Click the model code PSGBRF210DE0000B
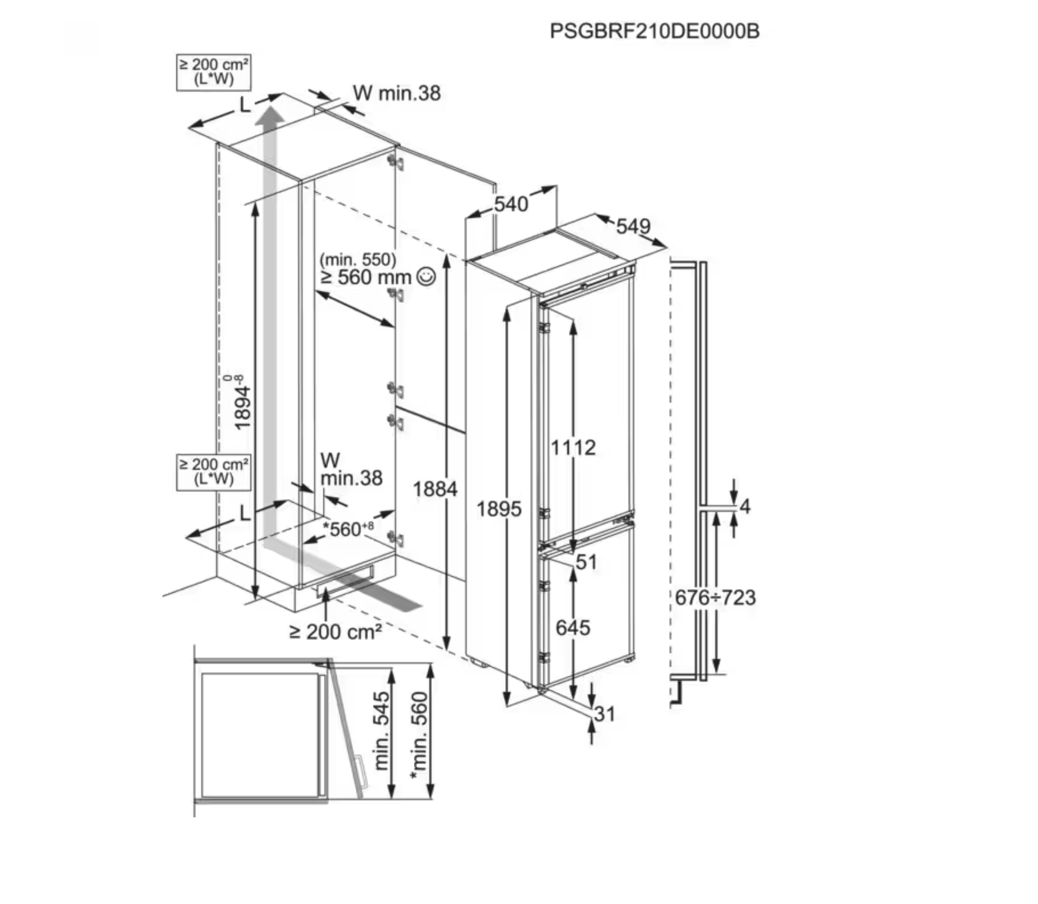654,31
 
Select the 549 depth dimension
633,227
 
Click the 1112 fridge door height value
573,448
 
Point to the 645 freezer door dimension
573,628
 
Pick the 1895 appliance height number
499,509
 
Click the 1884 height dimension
435,489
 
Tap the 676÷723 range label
715,598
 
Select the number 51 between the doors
586,562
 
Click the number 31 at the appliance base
605,714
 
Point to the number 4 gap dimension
745,506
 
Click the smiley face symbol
425,277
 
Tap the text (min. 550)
358,260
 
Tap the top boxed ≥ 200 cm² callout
213,72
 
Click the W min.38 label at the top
397,93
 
